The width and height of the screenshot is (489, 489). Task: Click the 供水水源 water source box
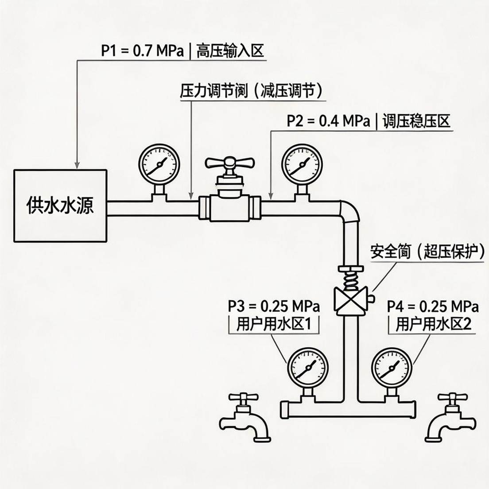coord(61,205)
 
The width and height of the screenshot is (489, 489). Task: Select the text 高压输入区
coord(230,51)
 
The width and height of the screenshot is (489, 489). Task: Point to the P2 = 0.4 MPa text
coord(328,121)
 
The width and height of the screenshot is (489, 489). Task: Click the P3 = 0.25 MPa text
coord(274,306)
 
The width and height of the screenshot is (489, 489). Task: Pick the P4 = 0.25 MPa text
coord(433,306)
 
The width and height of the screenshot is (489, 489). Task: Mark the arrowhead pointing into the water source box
coord(78,165)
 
